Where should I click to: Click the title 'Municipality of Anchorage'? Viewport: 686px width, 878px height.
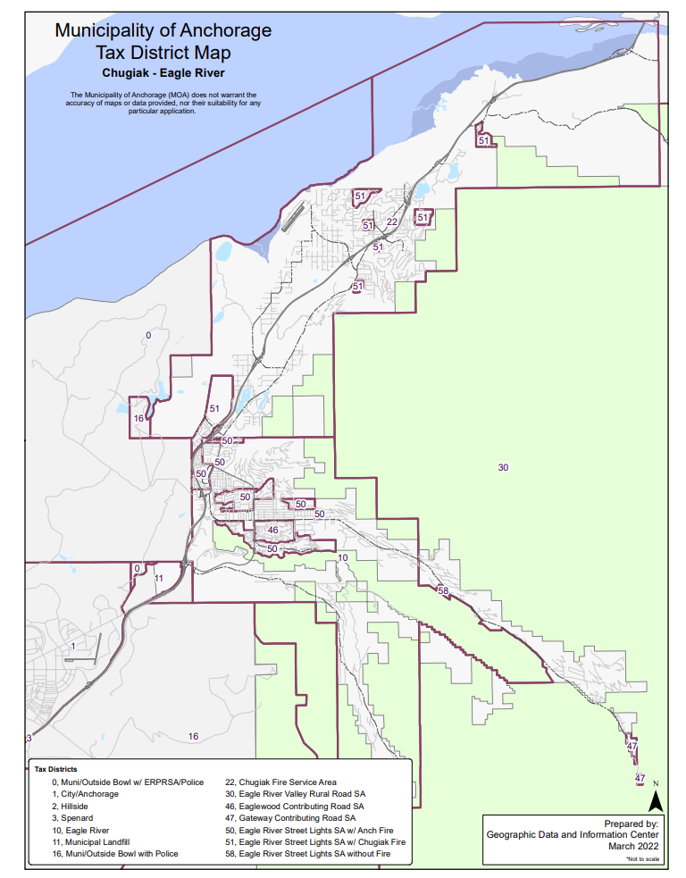163,31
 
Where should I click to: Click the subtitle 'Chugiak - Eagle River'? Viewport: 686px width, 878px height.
163,72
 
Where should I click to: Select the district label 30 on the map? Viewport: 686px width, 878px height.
503,467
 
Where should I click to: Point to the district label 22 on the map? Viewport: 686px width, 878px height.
391,222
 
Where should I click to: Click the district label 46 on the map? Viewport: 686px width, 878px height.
273,530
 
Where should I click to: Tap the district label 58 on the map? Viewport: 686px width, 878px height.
442,590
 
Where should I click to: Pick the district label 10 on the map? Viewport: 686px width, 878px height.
342,557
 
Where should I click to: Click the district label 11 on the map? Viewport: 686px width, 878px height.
159,578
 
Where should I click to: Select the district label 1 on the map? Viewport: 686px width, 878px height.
72,645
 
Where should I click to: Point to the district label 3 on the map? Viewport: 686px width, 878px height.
28,738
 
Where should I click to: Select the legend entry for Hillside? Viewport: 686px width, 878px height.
72,806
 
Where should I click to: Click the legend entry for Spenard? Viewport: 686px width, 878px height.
74,817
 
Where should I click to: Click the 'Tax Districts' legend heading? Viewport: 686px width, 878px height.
55,768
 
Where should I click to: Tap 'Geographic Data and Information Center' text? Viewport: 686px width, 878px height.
573,833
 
